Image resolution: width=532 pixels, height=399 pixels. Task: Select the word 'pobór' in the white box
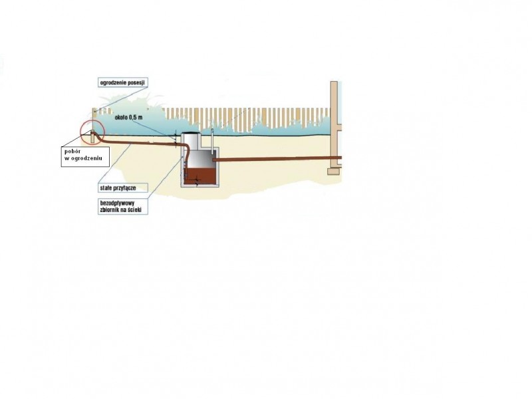pyautogui.click(x=72, y=152)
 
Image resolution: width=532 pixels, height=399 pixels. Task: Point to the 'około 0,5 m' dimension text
pyautogui.click(x=128, y=118)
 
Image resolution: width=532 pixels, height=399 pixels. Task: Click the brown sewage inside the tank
pyautogui.click(x=200, y=176)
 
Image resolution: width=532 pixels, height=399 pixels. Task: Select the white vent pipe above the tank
pyautogui.click(x=212, y=139)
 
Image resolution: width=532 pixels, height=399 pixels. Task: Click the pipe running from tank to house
pyautogui.click(x=277, y=158)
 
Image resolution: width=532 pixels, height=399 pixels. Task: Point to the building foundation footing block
pyautogui.click(x=334, y=172)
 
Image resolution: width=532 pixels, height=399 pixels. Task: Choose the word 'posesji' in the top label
pyautogui.click(x=136, y=82)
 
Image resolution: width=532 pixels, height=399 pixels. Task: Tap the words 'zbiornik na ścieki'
pyautogui.click(x=120, y=209)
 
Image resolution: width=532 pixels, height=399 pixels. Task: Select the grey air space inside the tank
pyautogui.click(x=200, y=160)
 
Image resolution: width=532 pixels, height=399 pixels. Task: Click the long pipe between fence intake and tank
pyautogui.click(x=139, y=143)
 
